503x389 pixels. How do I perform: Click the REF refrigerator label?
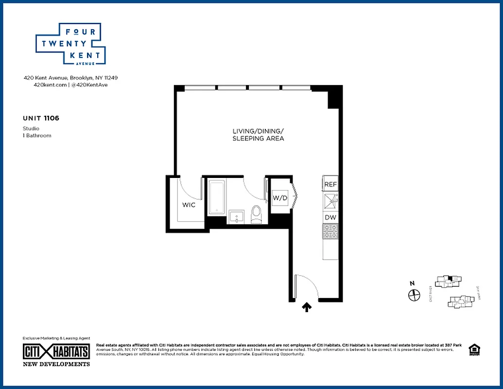point(330,185)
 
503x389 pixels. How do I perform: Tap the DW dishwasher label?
point(330,217)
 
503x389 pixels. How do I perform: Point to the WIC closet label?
point(189,205)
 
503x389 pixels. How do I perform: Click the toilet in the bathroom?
point(256,214)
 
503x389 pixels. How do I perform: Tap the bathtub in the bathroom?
point(216,197)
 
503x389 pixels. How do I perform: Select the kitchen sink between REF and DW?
point(330,201)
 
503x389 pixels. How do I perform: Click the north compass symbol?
point(414,294)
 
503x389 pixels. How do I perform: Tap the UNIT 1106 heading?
point(41,118)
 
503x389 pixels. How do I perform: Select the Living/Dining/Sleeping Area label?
point(258,135)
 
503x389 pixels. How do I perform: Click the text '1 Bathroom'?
point(37,135)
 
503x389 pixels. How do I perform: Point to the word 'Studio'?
point(31,128)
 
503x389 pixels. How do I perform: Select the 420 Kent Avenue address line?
point(71,77)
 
